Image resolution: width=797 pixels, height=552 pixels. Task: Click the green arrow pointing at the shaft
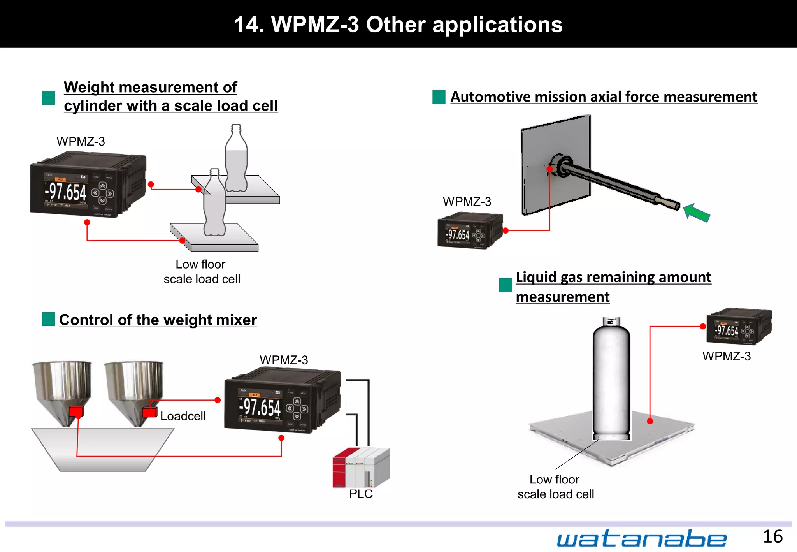click(697, 213)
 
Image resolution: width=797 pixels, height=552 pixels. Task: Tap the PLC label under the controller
click(361, 494)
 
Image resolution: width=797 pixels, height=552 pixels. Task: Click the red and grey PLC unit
click(361, 467)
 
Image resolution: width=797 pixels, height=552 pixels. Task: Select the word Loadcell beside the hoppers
click(183, 416)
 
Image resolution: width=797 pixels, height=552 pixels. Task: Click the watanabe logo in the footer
click(641, 539)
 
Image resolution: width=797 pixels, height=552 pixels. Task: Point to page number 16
click(772, 537)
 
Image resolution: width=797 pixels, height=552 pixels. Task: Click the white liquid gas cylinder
click(611, 381)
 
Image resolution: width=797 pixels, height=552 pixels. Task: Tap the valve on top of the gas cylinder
click(611, 321)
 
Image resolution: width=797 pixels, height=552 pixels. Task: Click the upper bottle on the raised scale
click(236, 160)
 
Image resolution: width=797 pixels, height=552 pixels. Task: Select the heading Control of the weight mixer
click(158, 320)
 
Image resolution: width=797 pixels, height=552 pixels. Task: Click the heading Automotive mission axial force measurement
click(604, 97)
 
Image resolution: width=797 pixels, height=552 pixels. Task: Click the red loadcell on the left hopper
click(76, 411)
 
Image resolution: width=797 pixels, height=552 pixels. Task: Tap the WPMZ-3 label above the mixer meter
click(284, 360)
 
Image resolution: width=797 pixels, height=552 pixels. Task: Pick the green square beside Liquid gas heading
click(505, 285)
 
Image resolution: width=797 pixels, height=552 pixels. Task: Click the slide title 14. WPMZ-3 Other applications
click(398, 24)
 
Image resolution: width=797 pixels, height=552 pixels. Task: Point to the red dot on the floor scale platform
click(650, 421)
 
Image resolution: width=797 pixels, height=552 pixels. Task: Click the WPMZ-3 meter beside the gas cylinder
click(739, 327)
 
